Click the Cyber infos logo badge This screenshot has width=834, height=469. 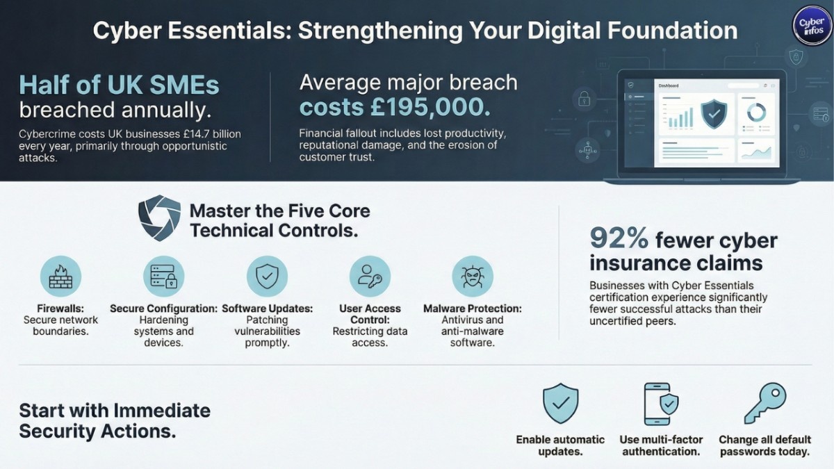coord(812,27)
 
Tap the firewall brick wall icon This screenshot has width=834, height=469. coord(61,276)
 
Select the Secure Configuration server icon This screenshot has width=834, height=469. coord(164,276)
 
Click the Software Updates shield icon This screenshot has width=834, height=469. coord(267,276)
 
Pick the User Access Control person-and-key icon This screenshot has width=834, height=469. coord(370,276)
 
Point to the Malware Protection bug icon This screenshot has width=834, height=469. coord(473,276)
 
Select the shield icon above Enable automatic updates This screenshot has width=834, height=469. coord(560,404)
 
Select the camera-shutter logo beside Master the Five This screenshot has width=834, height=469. coord(159,218)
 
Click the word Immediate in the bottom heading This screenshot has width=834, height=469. coord(162,410)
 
